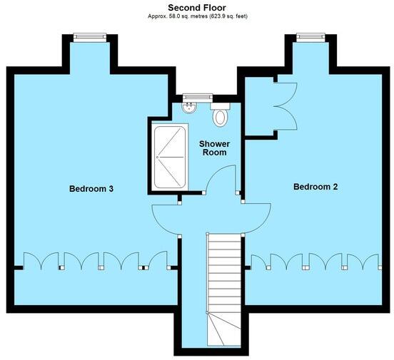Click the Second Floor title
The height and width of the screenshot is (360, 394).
197,7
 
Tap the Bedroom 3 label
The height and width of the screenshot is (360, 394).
92,189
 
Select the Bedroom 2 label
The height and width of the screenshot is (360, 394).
315,187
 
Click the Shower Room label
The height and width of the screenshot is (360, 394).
214,148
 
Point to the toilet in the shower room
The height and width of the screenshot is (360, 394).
221,115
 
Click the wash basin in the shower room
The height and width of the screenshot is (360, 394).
189,108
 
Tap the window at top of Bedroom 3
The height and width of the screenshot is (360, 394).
90,36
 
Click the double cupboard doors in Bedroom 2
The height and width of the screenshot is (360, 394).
286,106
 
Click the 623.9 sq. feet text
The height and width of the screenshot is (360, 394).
227,16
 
